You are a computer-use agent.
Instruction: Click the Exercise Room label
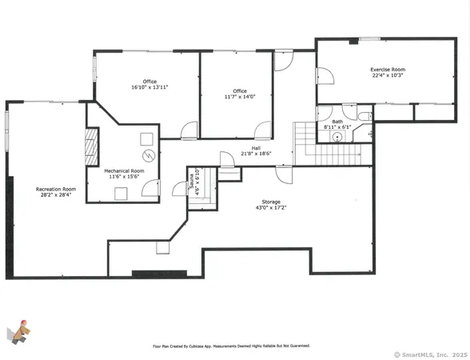[387, 70]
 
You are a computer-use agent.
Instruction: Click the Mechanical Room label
[124, 171]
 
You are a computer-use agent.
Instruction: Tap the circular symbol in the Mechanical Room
[147, 155]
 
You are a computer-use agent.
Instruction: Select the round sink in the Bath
[337, 137]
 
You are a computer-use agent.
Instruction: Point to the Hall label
[256, 148]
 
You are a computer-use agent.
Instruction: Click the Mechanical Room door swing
[149, 189]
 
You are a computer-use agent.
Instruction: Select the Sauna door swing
[180, 190]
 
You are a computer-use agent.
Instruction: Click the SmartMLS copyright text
[431, 354]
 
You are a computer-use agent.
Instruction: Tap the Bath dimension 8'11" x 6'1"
[337, 126]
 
